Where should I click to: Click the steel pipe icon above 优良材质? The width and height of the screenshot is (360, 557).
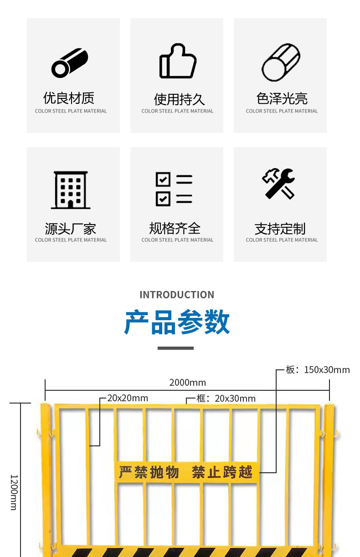click(x=70, y=63)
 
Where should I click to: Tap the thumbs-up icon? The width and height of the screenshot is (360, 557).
click(x=177, y=61)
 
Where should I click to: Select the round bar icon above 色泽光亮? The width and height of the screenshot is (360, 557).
click(x=281, y=63)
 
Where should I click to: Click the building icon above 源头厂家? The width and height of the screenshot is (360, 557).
click(x=71, y=190)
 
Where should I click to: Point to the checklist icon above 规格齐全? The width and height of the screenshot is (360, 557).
click(x=174, y=189)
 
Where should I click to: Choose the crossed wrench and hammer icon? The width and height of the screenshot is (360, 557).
click(x=278, y=184)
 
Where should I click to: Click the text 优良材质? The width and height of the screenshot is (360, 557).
click(x=69, y=98)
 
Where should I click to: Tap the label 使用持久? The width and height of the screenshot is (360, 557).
click(x=179, y=99)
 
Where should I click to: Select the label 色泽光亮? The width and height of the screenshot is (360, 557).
click(x=282, y=98)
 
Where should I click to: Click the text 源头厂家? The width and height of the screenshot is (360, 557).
click(x=71, y=228)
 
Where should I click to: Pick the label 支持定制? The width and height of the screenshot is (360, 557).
click(x=280, y=228)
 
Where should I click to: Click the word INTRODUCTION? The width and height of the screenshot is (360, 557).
click(x=177, y=295)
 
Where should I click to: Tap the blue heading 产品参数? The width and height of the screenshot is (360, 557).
click(x=177, y=322)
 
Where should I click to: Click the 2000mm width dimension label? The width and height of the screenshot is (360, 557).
click(x=187, y=383)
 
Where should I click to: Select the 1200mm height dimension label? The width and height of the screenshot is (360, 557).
click(x=14, y=492)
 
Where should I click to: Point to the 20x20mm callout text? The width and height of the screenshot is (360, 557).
click(x=128, y=398)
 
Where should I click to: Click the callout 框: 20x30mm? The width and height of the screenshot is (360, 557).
click(x=226, y=399)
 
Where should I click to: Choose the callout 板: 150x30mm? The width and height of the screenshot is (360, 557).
click(x=318, y=370)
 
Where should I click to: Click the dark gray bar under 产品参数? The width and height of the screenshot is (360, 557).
click(x=175, y=348)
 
